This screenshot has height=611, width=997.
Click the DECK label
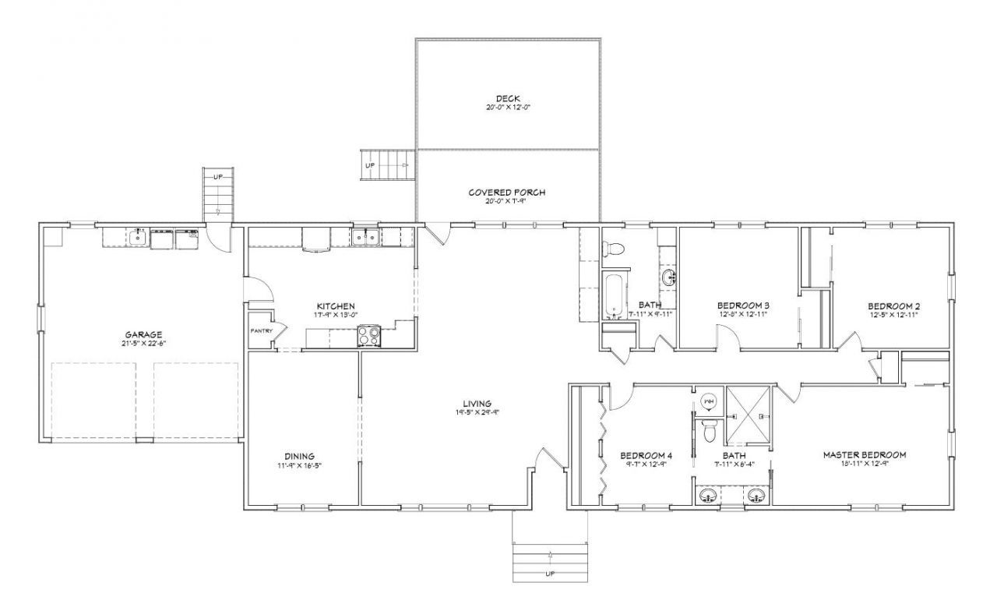point(507,98)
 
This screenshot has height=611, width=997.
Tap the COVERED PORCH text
point(507,192)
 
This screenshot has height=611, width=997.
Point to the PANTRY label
point(261,330)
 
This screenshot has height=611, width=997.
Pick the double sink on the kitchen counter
point(365,237)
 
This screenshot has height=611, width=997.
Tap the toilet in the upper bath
point(615,249)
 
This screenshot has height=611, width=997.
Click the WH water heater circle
point(709,402)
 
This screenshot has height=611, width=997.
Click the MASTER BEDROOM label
point(865,454)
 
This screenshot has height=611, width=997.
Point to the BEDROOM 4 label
point(646,455)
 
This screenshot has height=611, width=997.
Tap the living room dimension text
point(477,413)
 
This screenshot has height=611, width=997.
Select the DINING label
point(299,456)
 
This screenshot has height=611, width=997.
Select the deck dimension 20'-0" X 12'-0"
point(507,107)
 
